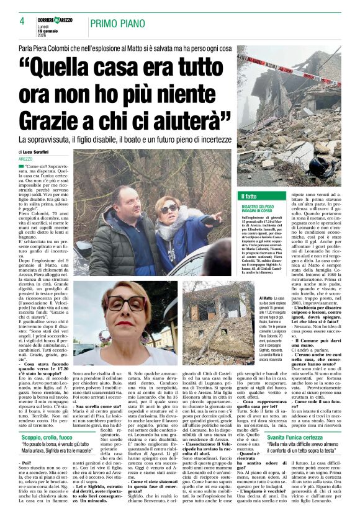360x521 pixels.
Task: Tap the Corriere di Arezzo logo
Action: [54, 20]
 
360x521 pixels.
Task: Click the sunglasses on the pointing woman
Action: [169, 209]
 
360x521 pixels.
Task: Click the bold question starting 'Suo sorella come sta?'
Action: [97, 405]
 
